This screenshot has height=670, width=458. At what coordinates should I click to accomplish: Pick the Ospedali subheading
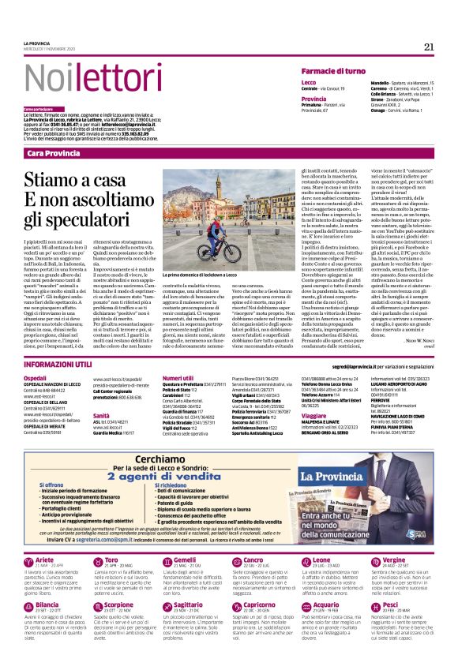36,378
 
